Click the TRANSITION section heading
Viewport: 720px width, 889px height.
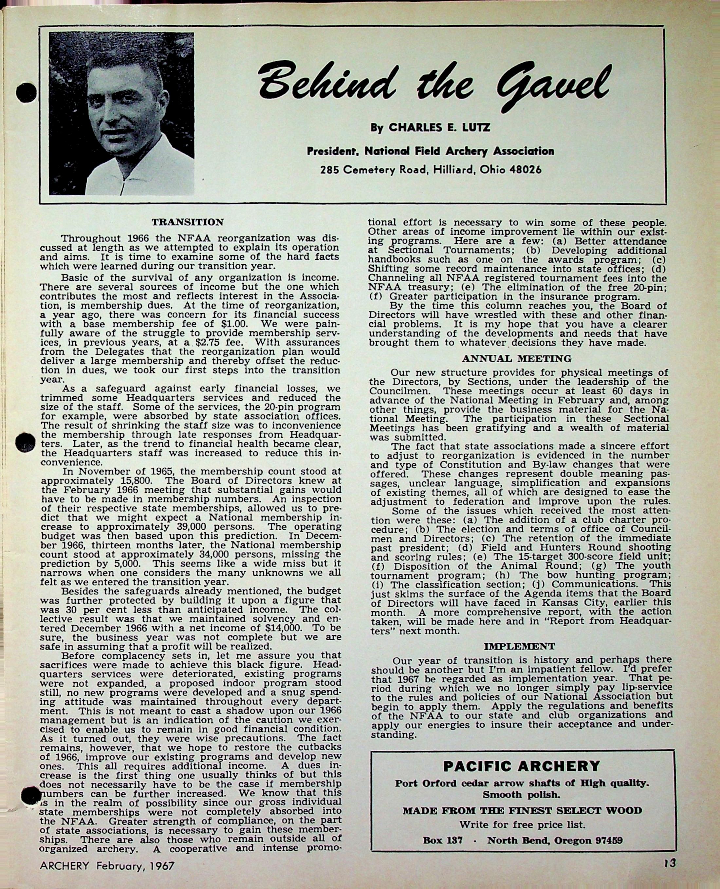tap(188, 222)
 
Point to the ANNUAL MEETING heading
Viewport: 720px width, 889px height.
tap(516, 358)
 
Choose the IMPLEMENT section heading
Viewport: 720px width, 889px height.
tap(519, 646)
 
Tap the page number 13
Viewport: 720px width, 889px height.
tap(669, 863)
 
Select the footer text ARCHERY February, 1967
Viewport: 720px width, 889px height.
tap(107, 866)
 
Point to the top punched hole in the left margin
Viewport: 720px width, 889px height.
tap(26, 93)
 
